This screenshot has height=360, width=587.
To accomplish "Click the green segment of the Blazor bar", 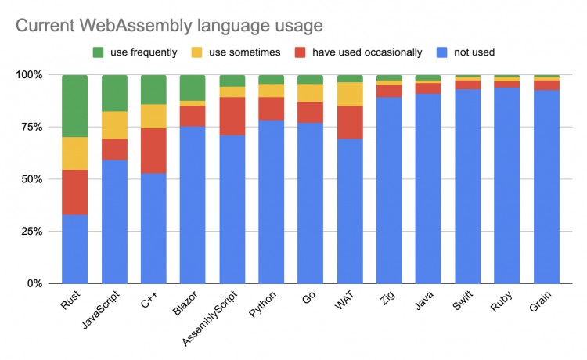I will tap(193, 88).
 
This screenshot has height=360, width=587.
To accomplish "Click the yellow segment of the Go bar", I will tap(310, 92).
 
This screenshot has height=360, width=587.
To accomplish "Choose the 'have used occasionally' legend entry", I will tap(356, 52).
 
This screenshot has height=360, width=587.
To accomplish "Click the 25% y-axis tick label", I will tap(39, 231).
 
